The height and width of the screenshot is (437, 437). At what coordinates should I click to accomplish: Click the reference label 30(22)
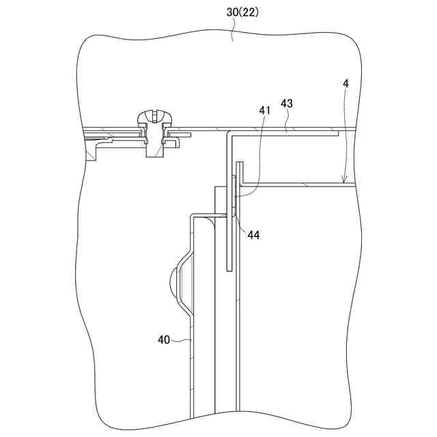tap(242, 12)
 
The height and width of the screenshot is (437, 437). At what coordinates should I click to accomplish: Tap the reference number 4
tap(346, 83)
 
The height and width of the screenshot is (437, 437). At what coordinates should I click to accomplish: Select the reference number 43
tap(287, 103)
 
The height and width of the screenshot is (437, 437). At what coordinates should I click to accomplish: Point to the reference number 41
tap(264, 111)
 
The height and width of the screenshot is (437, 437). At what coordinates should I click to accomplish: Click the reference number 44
tap(253, 235)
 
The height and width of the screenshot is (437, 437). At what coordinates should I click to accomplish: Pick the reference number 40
tap(164, 339)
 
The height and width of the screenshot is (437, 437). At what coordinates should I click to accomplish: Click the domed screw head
tap(154, 117)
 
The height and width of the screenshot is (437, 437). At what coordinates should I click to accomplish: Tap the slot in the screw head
tap(154, 116)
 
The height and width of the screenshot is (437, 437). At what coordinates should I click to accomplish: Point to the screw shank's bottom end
tap(154, 156)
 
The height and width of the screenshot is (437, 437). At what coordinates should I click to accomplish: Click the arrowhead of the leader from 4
tap(344, 180)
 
